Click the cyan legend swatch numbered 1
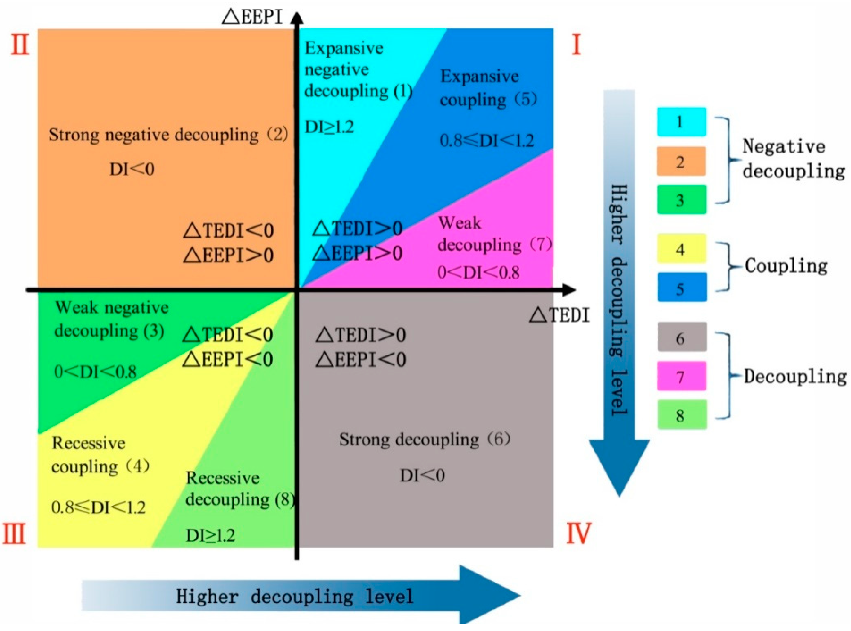[681, 122]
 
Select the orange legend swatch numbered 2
[681, 162]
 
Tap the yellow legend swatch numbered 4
[681, 249]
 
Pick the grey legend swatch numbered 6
[682, 337]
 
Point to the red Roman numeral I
[576, 45]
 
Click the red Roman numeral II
[20, 45]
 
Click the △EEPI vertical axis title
[252, 17]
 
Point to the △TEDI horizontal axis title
[559, 315]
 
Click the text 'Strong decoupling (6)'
[424, 439]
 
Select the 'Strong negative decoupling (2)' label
[168, 135]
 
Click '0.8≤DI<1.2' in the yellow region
[98, 507]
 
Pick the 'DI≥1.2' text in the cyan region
[329, 127]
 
